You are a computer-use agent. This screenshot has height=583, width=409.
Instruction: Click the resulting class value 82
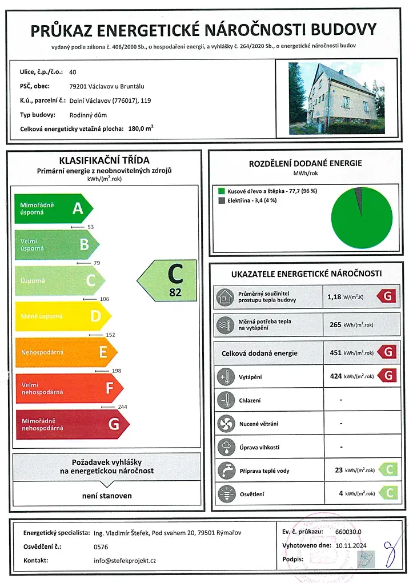[x=175, y=292]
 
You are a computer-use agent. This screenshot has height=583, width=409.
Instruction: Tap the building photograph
[x=337, y=98]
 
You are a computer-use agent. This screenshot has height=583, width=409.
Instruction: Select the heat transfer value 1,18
[x=334, y=296]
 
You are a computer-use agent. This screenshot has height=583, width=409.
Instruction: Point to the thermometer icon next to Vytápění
[x=224, y=377]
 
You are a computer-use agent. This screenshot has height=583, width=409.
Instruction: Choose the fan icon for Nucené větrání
[x=224, y=424]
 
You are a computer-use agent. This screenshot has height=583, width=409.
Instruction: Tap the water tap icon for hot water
[x=224, y=471]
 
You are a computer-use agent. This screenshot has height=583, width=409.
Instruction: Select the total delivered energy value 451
[x=335, y=353]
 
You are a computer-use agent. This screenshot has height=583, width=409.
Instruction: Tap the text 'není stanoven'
[x=107, y=496]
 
